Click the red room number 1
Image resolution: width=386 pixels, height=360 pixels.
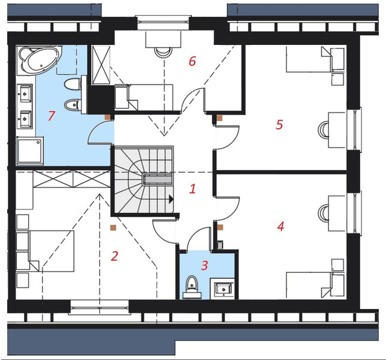[x=193, y=188]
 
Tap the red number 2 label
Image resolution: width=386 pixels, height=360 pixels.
[x=114, y=256]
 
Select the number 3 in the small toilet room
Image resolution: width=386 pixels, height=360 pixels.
[x=204, y=265]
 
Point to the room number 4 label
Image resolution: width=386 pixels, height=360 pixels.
[x=280, y=226]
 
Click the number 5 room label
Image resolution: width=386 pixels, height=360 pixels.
[x=279, y=124]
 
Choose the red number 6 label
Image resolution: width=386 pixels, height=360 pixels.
[x=192, y=61]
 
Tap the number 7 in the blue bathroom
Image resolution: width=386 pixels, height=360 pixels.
[x=51, y=116]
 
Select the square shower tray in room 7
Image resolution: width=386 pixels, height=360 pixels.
[x=30, y=151]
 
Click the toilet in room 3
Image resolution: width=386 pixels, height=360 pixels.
[x=192, y=287]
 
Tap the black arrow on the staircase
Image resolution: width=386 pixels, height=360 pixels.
[x=171, y=199]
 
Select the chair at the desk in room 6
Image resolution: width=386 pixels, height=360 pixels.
[x=162, y=52]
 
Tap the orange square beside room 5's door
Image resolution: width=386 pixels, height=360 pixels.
[x=219, y=118]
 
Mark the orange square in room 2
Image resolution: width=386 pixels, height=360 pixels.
[x=113, y=227]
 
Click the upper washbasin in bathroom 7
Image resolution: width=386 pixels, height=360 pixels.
[x=25, y=93]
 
